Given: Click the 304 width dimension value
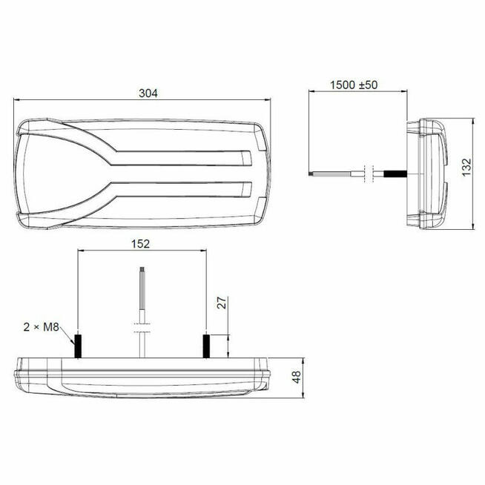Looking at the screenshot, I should tap(148, 93).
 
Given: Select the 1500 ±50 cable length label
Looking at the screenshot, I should tap(354, 85).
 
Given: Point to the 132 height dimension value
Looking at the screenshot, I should tap(465, 173).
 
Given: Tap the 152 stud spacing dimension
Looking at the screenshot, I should tap(141, 242).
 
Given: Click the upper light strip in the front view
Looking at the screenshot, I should tap(185, 158).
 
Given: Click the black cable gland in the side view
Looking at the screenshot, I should tap(395, 174).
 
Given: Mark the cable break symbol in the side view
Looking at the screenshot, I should tap(369, 173).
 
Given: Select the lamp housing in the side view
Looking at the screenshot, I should tap(428, 173).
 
